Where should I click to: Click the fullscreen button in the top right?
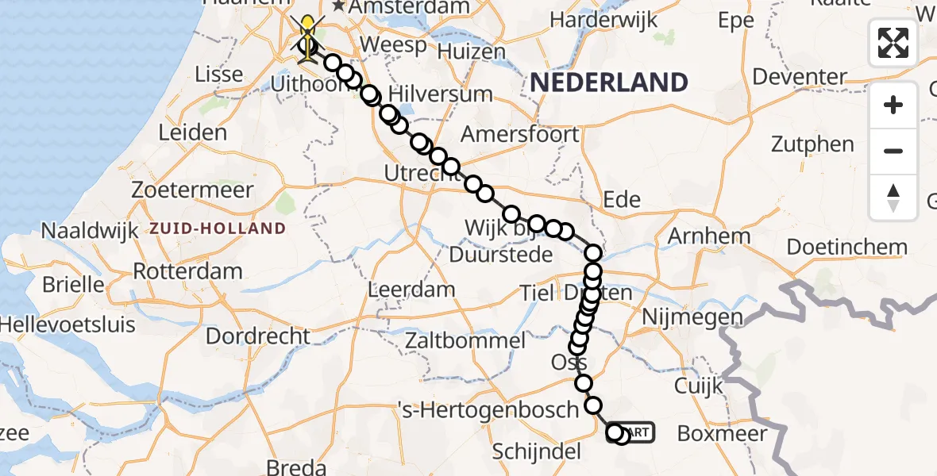click(x=893, y=43)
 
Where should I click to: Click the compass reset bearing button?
click(x=893, y=197)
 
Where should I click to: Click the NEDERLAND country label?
click(x=608, y=83)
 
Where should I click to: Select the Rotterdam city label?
click(x=187, y=271)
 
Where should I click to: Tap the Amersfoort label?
click(x=520, y=134)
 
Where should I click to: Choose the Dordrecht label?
click(x=258, y=336)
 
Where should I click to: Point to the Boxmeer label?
click(x=723, y=433)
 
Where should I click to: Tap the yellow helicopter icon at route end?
click(x=307, y=32)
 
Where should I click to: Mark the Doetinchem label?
click(x=846, y=246)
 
